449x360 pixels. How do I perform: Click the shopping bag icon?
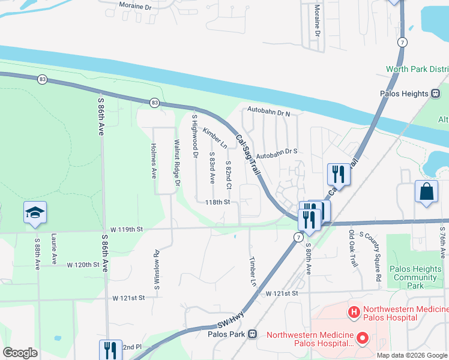click(426, 192)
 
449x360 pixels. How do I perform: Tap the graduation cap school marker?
click(35, 212)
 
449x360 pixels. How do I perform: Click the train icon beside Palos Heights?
click(436, 94)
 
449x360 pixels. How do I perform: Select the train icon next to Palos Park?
click(253, 334)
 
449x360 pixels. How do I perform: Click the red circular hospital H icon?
click(354, 312)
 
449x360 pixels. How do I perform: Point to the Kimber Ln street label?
click(215, 138)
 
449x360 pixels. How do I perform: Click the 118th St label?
click(217, 202)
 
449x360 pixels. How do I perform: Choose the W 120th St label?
click(83, 264)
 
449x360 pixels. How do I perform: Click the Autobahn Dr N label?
click(269, 113)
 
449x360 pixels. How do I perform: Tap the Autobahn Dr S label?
click(278, 152)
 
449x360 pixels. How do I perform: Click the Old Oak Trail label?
click(352, 249)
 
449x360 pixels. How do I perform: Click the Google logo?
click(20, 353)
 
